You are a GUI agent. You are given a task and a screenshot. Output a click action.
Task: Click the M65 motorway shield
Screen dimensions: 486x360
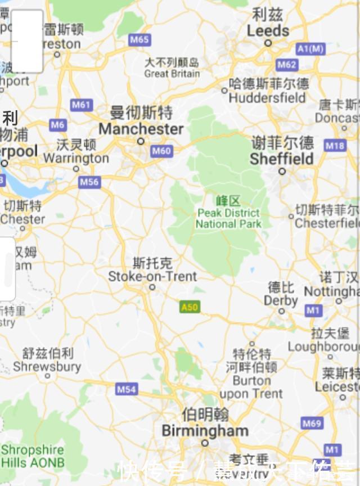pyautogui.click(x=139, y=39)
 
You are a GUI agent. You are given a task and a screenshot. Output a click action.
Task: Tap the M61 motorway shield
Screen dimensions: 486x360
pyautogui.click(x=81, y=105)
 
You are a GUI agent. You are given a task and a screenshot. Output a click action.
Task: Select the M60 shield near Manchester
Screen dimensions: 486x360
pyautogui.click(x=161, y=151)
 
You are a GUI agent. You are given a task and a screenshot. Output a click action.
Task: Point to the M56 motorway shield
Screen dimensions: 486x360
pyautogui.click(x=89, y=182)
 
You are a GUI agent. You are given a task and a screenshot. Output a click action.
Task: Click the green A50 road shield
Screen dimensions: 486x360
pyautogui.click(x=190, y=307)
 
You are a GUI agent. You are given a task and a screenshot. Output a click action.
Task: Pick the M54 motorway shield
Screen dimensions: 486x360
pyautogui.click(x=127, y=389)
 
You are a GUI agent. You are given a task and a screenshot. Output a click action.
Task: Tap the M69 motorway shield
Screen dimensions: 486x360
pyautogui.click(x=312, y=424)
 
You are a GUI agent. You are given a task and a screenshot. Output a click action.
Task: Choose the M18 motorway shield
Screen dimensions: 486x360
pyautogui.click(x=335, y=146)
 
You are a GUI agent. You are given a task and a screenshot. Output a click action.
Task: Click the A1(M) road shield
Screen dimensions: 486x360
pyautogui.click(x=311, y=49)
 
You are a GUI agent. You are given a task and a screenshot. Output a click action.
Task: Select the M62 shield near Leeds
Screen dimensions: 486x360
pyautogui.click(x=287, y=65)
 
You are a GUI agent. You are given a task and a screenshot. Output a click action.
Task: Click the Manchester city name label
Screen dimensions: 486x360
pyautogui.click(x=141, y=129)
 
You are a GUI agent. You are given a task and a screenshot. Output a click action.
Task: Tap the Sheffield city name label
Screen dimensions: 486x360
pyautogui.click(x=281, y=159)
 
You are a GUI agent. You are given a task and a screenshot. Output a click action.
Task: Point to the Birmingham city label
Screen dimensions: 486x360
pyautogui.click(x=205, y=431)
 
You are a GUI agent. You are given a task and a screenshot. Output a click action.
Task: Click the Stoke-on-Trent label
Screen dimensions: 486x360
pyautogui.click(x=152, y=276)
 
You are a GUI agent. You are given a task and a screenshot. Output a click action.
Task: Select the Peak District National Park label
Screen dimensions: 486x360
pyautogui.click(x=228, y=218)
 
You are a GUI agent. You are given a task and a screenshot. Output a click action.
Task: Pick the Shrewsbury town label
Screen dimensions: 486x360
pyautogui.click(x=47, y=367)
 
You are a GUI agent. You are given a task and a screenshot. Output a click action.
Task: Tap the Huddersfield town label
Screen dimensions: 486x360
pyautogui.click(x=267, y=97)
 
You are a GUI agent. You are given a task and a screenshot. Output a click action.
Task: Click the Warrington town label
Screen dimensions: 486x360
pyautogui.click(x=76, y=158)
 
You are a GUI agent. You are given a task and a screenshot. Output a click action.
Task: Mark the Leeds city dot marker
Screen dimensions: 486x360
pyautogui.click(x=268, y=43)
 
